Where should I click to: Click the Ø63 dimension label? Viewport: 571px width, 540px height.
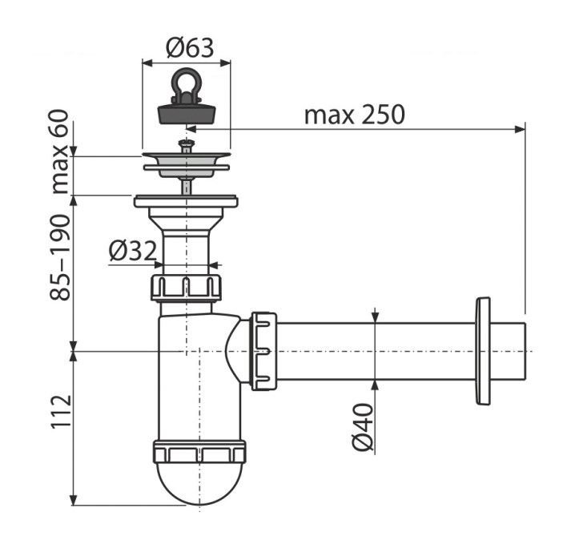tap(190, 48)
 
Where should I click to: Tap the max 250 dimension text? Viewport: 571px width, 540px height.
tap(354, 115)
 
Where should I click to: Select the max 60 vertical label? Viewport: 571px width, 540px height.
tap(60, 152)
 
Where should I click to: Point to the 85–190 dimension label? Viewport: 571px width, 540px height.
tap(60, 258)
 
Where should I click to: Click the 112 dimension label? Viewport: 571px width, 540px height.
tap(61, 411)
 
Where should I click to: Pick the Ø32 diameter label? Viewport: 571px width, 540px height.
tap(133, 251)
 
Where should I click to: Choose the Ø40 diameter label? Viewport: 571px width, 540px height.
tap(363, 427)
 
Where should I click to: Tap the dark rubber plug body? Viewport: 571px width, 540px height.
tap(186, 113)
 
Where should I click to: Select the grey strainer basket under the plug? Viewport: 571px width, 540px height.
tap(186, 166)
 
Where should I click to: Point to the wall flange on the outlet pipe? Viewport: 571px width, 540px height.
tap(483, 351)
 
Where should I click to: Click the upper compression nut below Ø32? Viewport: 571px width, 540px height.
tap(186, 288)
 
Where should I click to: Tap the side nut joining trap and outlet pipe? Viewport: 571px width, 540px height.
tap(263, 351)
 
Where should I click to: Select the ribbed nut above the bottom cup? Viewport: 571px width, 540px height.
tap(199, 452)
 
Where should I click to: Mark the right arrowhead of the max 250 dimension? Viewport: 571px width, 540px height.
tap(520, 129)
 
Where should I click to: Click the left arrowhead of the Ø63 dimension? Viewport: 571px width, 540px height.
tap(147, 62)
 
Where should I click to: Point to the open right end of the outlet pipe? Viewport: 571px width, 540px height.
tap(525, 351)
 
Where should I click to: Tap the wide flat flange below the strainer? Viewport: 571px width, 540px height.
tap(186, 201)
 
